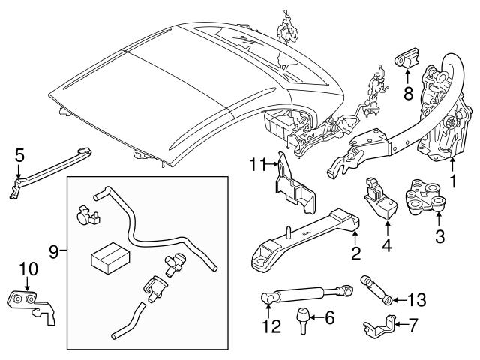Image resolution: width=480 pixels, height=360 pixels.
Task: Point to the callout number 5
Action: click(20, 156)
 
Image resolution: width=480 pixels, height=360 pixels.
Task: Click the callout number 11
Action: click(257, 164)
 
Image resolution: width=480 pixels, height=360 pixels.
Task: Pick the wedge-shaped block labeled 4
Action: click(379, 201)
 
